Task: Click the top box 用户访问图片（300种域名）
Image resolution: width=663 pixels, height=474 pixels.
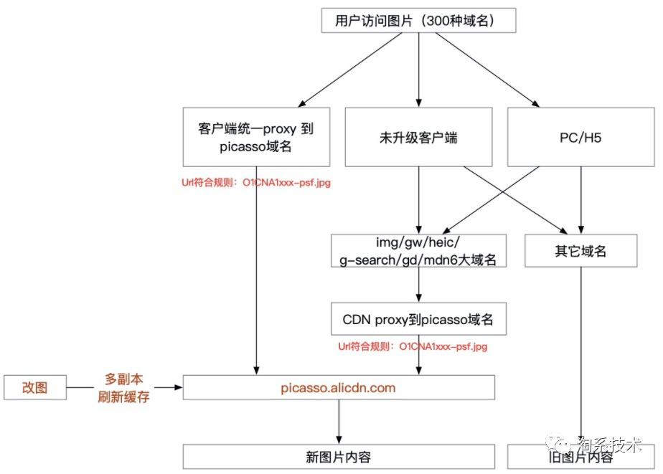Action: (418, 21)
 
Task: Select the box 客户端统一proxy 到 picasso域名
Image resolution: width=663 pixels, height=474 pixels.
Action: (256, 137)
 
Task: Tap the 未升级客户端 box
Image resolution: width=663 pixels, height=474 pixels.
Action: (418, 137)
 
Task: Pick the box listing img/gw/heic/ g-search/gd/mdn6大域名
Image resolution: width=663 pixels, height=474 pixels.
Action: (418, 250)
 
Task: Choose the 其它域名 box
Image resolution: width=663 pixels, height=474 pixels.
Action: (581, 251)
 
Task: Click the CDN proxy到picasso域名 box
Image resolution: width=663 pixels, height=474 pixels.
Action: (418, 318)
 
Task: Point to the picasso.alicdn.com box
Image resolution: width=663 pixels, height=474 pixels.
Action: (339, 387)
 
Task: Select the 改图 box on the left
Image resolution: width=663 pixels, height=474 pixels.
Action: (35, 388)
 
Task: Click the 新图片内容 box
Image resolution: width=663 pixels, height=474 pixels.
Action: (339, 457)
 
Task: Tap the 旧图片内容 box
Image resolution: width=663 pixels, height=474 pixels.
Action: (581, 457)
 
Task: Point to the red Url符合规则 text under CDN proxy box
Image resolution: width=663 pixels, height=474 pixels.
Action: (413, 347)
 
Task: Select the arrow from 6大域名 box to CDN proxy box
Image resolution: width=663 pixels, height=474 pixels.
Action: (418, 284)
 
